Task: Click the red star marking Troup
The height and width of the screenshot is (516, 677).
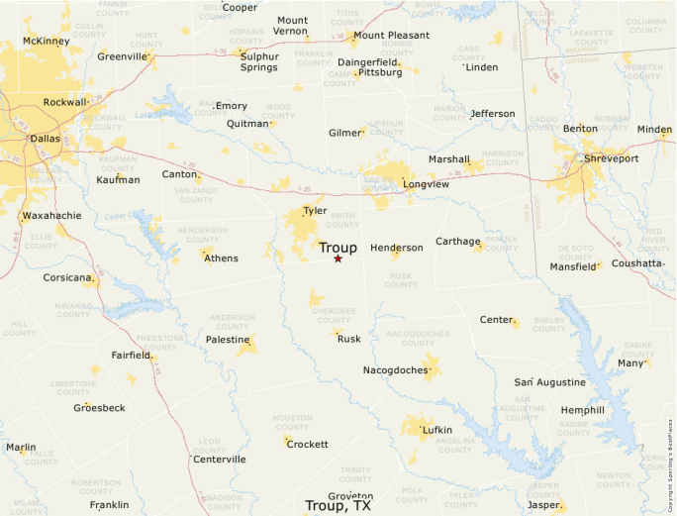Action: [338, 258]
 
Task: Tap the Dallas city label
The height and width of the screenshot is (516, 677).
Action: [45, 139]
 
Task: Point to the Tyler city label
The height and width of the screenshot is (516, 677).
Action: [315, 211]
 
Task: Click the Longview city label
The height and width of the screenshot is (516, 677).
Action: [426, 184]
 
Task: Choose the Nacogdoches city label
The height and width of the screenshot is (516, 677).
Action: [396, 370]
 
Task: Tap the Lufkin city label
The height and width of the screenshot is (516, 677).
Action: [436, 430]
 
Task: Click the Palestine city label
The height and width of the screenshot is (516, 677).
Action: [227, 340]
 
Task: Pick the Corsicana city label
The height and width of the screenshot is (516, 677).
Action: [67, 278]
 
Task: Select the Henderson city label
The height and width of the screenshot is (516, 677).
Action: [396, 248]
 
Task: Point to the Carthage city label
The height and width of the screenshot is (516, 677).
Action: [457, 241]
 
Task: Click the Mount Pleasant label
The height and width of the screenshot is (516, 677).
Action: [392, 36]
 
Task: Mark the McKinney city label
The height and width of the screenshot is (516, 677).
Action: [46, 42]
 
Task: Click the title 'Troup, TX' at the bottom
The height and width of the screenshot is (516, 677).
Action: [338, 506]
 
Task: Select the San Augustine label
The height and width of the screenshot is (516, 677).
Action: [549, 382]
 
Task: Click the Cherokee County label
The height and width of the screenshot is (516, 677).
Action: [334, 314]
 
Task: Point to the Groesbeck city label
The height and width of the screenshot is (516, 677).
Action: [99, 408]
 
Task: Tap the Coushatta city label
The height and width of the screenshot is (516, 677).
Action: [636, 263]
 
